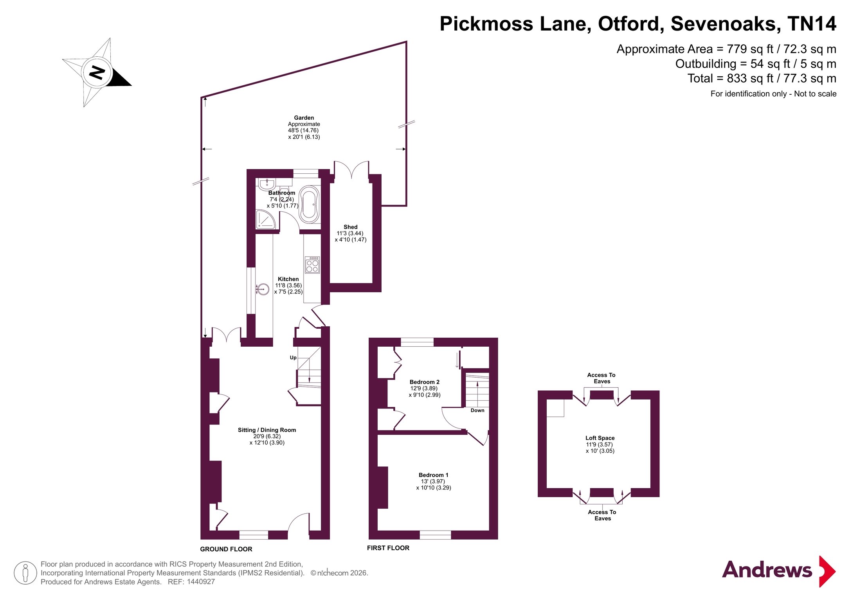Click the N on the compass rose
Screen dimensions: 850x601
pyautogui.click(x=97, y=72)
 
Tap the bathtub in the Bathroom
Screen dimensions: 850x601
pyautogui.click(x=309, y=204)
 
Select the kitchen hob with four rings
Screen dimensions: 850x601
pyautogui.click(x=312, y=265)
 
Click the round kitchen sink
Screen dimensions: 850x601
pyautogui.click(x=263, y=289)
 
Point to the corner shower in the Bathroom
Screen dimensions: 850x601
pyautogui.click(x=265, y=220)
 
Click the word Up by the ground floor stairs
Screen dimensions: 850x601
pyautogui.click(x=293, y=358)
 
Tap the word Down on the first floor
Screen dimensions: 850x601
pyautogui.click(x=477, y=410)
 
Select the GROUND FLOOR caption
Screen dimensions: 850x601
pyautogui.click(x=226, y=549)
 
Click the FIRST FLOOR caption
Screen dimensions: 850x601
pyautogui.click(x=388, y=548)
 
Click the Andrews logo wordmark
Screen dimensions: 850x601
pyautogui.click(x=767, y=570)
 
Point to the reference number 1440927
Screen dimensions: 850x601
pyautogui.click(x=201, y=582)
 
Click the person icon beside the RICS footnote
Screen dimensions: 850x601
pyautogui.click(x=25, y=573)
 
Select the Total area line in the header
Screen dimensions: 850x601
pyautogui.click(x=762, y=79)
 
